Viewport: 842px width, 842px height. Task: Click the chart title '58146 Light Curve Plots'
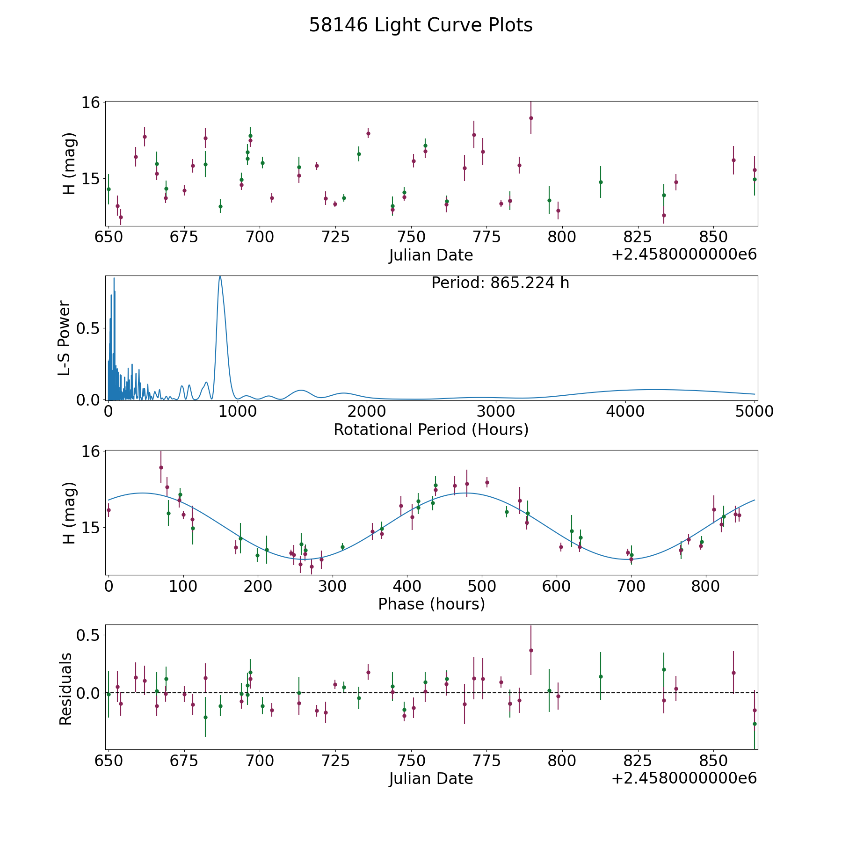(x=421, y=25)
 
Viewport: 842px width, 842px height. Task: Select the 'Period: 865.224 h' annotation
(x=500, y=283)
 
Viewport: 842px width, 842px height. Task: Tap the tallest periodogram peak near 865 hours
(x=220, y=277)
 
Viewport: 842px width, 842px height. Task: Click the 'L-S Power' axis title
(x=65, y=338)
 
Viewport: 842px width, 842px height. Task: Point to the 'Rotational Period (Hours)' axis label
(x=431, y=429)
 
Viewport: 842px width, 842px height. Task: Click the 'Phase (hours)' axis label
(x=431, y=604)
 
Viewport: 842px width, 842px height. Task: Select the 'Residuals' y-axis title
(x=66, y=689)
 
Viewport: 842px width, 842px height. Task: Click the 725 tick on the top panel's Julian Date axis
(x=335, y=237)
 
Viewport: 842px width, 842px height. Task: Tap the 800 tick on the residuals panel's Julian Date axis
(x=562, y=761)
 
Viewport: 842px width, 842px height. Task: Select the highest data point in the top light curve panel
(x=531, y=118)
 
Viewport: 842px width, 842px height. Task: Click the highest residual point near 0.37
(x=531, y=650)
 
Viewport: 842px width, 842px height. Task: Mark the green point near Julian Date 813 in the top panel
(x=601, y=182)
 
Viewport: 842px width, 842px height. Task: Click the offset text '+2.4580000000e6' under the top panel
(x=684, y=255)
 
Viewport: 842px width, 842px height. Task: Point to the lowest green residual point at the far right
(x=755, y=724)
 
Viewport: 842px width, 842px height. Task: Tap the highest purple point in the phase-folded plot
(x=161, y=467)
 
